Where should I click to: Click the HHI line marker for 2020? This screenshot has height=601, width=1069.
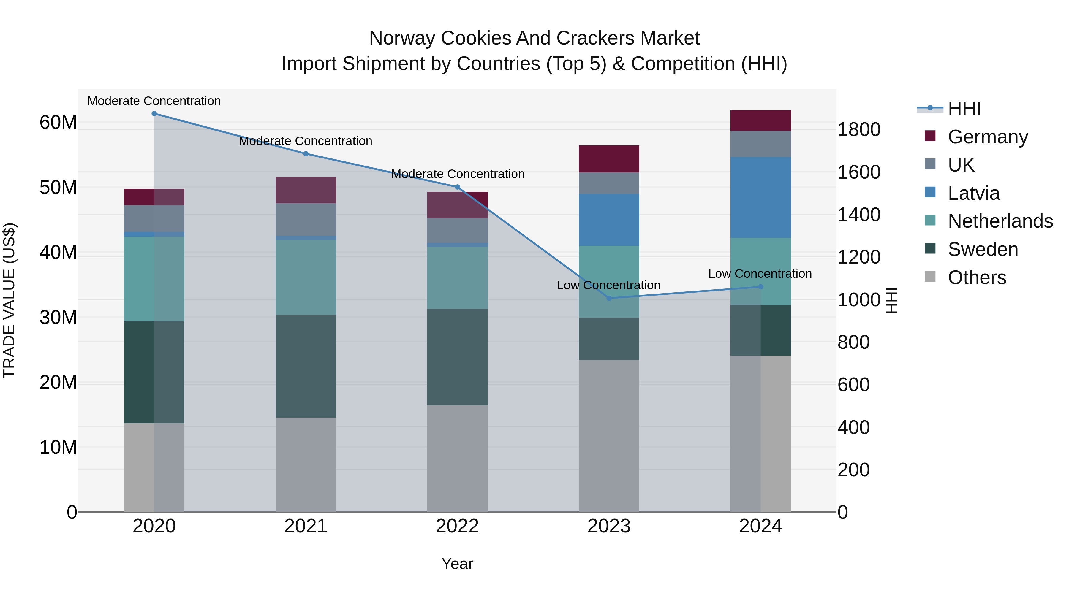pyautogui.click(x=154, y=114)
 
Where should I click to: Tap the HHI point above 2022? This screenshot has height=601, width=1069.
pyautogui.click(x=457, y=187)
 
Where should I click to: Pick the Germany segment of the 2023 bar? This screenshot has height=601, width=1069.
pyautogui.click(x=609, y=159)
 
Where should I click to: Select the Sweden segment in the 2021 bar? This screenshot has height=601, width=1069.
pyautogui.click(x=306, y=366)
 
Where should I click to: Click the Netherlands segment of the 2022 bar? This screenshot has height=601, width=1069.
pyautogui.click(x=457, y=277)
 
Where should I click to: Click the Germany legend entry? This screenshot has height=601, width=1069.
pyautogui.click(x=987, y=137)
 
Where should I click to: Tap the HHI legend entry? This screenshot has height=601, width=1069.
pyautogui.click(x=964, y=109)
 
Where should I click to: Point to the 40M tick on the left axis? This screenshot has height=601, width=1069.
pyautogui.click(x=58, y=252)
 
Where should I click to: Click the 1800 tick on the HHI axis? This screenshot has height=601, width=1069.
pyautogui.click(x=858, y=129)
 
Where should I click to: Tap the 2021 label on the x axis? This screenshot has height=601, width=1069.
pyautogui.click(x=306, y=526)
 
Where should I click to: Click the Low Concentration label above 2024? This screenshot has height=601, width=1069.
pyautogui.click(x=760, y=274)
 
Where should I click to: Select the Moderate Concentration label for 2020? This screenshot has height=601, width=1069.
pyautogui.click(x=154, y=101)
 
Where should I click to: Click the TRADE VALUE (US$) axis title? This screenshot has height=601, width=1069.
pyautogui.click(x=10, y=300)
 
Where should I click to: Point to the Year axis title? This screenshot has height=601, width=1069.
pyautogui.click(x=457, y=564)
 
